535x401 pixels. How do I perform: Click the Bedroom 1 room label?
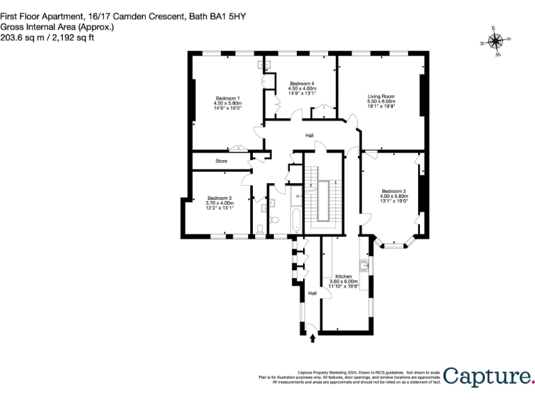(227, 98)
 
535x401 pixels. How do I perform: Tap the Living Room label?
(381, 96)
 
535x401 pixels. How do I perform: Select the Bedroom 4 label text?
(302, 84)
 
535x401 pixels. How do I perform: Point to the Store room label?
(221, 161)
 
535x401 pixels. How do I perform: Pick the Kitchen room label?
(343, 276)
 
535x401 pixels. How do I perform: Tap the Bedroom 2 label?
(394, 191)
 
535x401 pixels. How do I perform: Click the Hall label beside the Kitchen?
(313, 293)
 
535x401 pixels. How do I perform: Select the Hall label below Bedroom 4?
(309, 136)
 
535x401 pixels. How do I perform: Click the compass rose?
(496, 40)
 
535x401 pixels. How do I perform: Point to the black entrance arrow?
(312, 338)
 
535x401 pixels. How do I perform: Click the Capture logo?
(488, 376)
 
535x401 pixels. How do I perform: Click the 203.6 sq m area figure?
(20, 38)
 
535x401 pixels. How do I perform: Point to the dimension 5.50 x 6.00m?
(381, 102)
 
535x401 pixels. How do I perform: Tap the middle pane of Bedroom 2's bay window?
(394, 246)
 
